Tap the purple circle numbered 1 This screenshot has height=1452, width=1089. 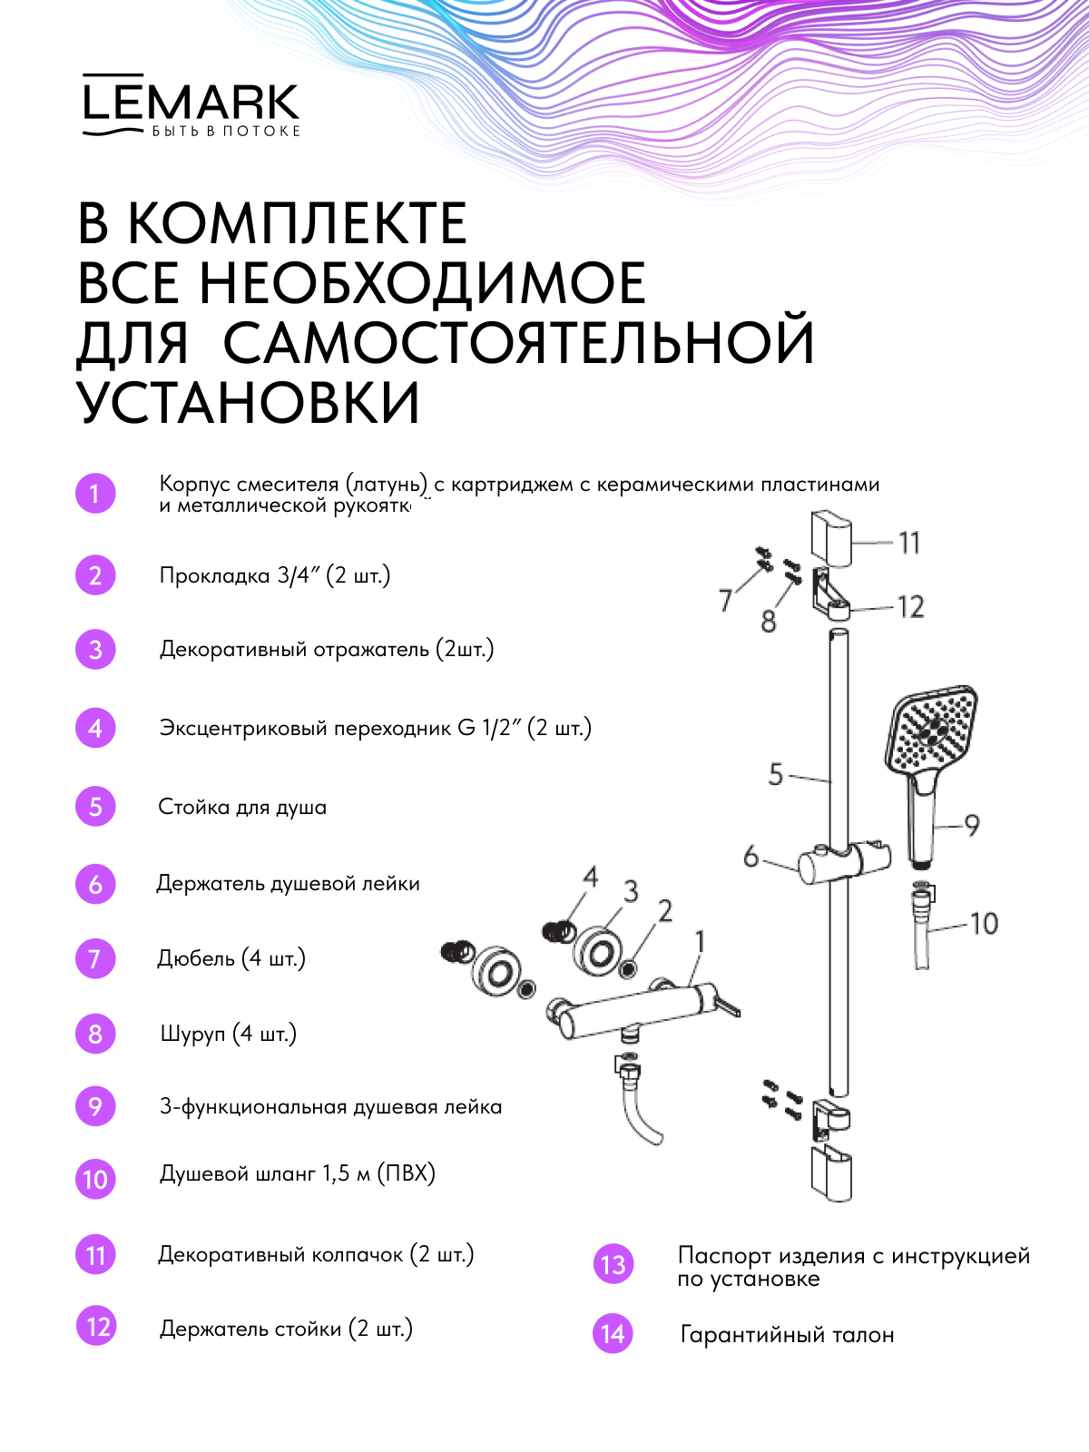pos(95,495)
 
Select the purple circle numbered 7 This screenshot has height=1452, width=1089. pos(95,959)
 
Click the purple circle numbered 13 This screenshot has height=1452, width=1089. pos(613,1265)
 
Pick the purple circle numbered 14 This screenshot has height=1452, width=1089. pos(613,1334)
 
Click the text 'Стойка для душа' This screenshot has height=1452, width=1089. pos(242,807)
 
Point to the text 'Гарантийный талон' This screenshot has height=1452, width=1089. pos(787,1335)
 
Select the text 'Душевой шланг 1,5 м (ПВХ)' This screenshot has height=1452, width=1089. pos(298,1173)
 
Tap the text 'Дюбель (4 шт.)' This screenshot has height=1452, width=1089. pos(231,958)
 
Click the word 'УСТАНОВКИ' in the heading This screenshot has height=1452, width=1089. pos(249,402)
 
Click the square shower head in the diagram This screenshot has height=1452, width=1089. pos(932,732)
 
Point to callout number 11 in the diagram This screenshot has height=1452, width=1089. pos(909,543)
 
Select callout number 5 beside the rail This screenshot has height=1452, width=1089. pos(775,774)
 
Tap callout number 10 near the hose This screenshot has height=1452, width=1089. pos(984,924)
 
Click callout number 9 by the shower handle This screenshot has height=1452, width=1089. pos(972,825)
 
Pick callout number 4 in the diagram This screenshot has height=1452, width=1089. pos(591,877)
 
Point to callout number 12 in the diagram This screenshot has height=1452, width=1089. pos(910,606)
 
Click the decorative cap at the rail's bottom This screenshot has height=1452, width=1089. pos(831,1174)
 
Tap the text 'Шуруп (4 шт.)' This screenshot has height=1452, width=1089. pos(229,1034)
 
